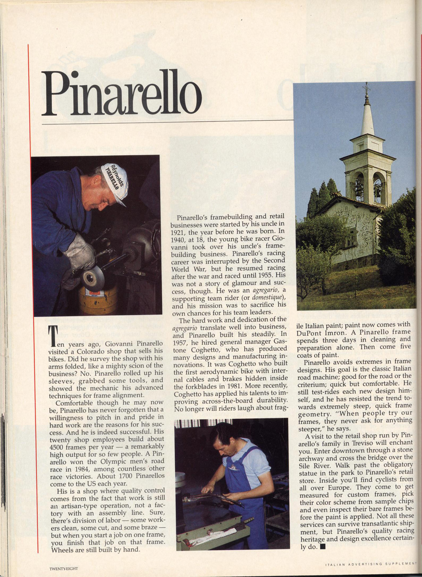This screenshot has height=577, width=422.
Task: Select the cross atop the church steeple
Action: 367,87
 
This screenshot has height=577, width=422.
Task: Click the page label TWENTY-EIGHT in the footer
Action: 64,568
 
